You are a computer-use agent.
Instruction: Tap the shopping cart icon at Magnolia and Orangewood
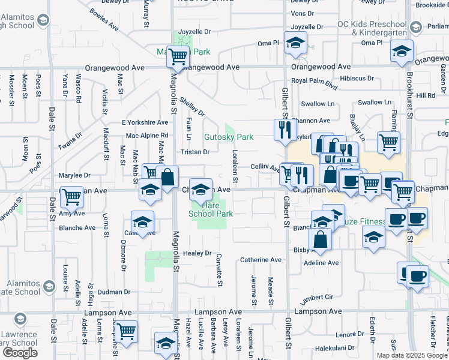click(178, 58)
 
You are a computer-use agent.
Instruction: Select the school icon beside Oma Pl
click(295, 43)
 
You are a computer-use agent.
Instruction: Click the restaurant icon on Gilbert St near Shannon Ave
click(283, 130)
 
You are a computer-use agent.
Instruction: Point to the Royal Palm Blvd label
click(314, 80)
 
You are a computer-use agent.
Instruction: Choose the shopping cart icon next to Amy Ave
click(72, 196)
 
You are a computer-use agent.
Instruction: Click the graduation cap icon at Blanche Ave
click(143, 221)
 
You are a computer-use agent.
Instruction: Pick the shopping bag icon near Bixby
click(322, 239)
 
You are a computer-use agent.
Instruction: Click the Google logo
click(20, 353)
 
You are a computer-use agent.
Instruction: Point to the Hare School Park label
click(210, 209)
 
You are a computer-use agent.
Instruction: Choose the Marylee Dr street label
click(74, 176)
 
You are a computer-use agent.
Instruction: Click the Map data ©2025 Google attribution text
click(411, 355)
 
